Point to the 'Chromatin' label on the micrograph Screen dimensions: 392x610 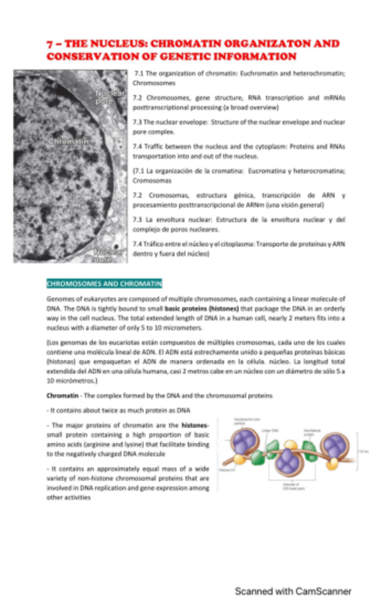click(x=68, y=142)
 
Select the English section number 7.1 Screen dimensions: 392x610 click(x=140, y=73)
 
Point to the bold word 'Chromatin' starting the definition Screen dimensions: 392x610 click(x=63, y=396)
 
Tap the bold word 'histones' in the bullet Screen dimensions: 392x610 click(x=195, y=426)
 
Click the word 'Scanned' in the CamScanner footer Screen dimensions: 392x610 click(x=255, y=591)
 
